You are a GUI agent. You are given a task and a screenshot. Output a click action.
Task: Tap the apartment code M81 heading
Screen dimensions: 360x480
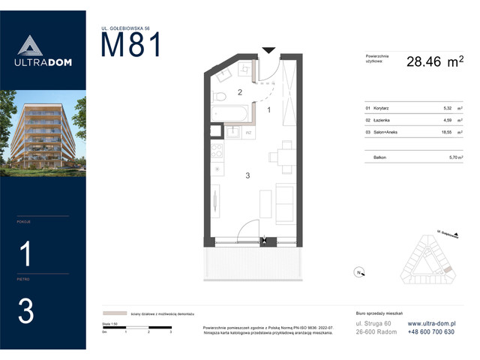(x=131, y=46)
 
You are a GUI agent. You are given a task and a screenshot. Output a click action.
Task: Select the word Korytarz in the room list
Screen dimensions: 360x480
(x=380, y=108)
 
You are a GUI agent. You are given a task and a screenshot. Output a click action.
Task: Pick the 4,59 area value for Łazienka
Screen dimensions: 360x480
(x=448, y=119)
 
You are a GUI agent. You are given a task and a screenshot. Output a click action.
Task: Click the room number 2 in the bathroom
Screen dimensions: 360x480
(x=239, y=93)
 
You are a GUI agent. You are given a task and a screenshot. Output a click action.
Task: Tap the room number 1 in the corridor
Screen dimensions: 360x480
(x=268, y=109)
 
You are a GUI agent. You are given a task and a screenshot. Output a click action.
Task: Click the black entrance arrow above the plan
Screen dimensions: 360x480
(x=268, y=51)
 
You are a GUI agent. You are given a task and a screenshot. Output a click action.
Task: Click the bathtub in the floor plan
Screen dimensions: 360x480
(x=232, y=113)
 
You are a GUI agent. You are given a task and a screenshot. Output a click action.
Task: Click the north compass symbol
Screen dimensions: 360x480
(x=358, y=271)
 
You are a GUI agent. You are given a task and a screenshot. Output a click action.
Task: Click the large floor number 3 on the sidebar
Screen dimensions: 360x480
(x=25, y=311)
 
